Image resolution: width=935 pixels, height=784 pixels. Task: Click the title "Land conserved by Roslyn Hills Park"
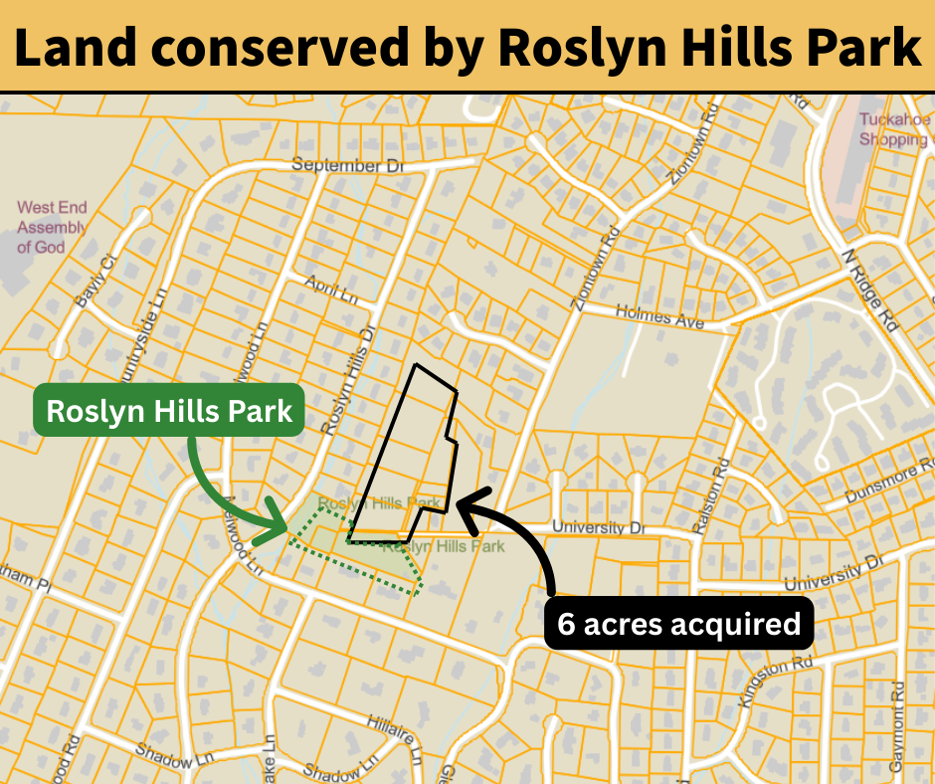[x=467, y=47]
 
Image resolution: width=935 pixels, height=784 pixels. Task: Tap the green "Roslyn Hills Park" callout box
[x=169, y=410]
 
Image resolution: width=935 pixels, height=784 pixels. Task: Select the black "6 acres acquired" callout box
[x=679, y=624]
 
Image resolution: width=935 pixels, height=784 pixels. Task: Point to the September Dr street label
[x=347, y=166]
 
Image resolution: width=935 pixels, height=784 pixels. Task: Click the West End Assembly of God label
[x=52, y=227]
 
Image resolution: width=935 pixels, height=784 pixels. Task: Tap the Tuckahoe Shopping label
[x=893, y=130]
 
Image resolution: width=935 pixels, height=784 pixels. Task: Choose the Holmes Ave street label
[x=659, y=317]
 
